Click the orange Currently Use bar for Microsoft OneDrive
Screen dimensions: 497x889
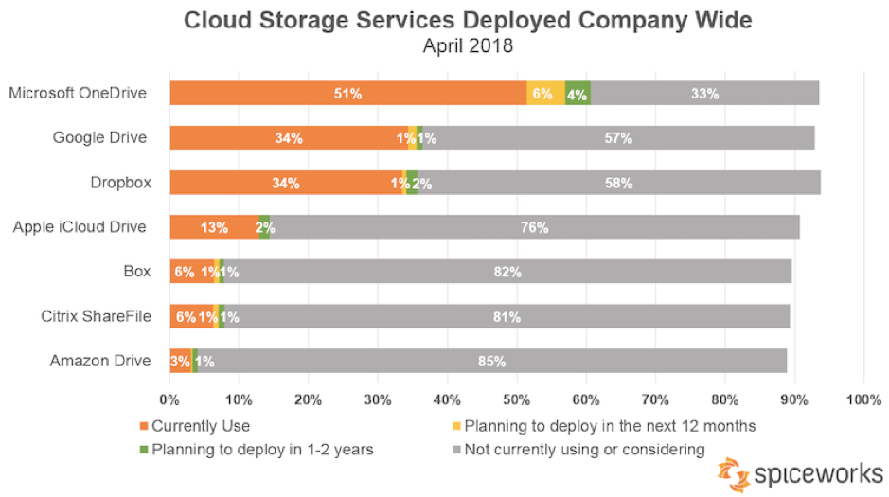click(x=347, y=94)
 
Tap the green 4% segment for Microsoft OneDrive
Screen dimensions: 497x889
click(x=578, y=94)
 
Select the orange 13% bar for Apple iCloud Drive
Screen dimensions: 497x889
click(x=214, y=227)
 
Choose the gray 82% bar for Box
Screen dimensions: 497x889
click(x=507, y=272)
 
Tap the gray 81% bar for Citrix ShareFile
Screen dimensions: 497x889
click(x=506, y=316)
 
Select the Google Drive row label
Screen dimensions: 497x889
click(x=100, y=138)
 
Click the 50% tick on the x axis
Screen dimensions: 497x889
click(x=517, y=399)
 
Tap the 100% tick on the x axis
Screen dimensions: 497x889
click(x=862, y=399)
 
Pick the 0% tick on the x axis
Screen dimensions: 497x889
click(x=170, y=399)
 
